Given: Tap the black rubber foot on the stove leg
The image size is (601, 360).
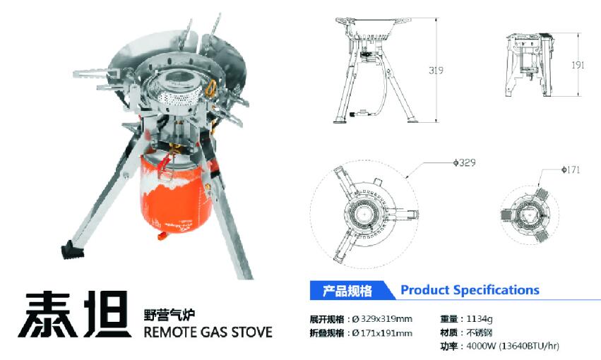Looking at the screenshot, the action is [73, 251].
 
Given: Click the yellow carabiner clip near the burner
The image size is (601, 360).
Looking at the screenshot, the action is [210, 89].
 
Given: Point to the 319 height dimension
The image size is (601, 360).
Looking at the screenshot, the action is [436, 70].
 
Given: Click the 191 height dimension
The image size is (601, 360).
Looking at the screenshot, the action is [578, 65].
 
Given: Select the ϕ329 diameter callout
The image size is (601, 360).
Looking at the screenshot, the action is [464, 163].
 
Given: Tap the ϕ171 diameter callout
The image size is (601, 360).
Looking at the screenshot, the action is [571, 169].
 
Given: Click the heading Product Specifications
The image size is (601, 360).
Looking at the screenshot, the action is [470, 290].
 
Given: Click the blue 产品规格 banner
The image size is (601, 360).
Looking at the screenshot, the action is [347, 291].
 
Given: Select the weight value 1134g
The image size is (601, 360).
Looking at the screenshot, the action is [479, 318].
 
